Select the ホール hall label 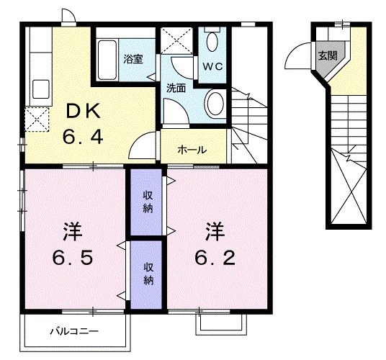[192, 150]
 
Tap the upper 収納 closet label [147, 202]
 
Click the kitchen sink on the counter [40, 90]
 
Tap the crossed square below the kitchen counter [35, 119]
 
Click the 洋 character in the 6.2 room [214, 232]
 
